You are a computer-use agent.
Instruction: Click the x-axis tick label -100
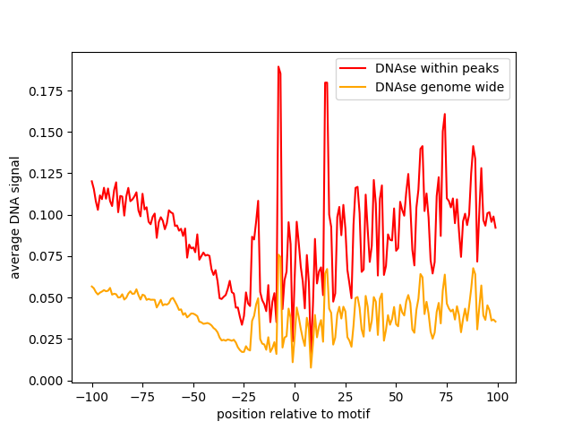point(91,396)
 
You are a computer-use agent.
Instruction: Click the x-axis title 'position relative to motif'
point(294,414)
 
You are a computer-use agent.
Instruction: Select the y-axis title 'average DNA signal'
point(15,217)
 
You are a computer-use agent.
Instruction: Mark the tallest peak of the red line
point(278,66)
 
